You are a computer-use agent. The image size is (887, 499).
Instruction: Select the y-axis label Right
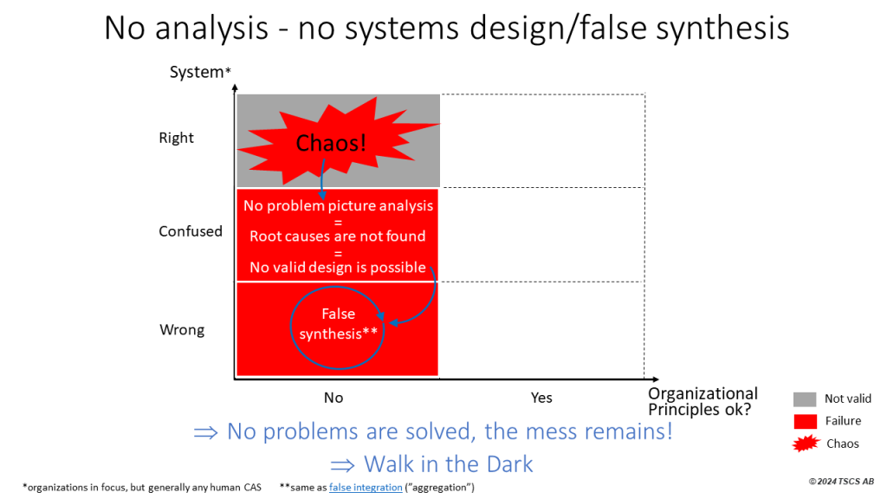point(176,138)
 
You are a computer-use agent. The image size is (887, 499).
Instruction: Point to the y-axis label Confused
point(191,231)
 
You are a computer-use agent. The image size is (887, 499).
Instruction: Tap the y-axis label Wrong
point(182,330)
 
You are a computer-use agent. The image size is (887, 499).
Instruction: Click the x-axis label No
point(333,398)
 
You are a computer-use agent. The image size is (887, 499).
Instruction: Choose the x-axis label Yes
point(541,398)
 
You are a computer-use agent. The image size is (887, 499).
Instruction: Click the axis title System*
point(200,72)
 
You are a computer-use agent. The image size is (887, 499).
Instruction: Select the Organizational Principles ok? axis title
point(702,401)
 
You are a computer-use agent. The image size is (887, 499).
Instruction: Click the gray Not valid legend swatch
point(805,399)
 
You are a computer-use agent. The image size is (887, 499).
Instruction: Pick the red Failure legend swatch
point(805,421)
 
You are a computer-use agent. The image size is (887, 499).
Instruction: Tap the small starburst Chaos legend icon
point(805,444)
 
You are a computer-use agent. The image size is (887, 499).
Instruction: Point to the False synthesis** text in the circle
point(339,324)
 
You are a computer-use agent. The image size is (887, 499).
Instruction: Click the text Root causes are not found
point(338,236)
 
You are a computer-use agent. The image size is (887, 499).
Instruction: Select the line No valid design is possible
point(338,267)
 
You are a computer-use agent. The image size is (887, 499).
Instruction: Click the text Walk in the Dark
point(448,463)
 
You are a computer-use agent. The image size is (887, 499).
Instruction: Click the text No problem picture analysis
point(338,205)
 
